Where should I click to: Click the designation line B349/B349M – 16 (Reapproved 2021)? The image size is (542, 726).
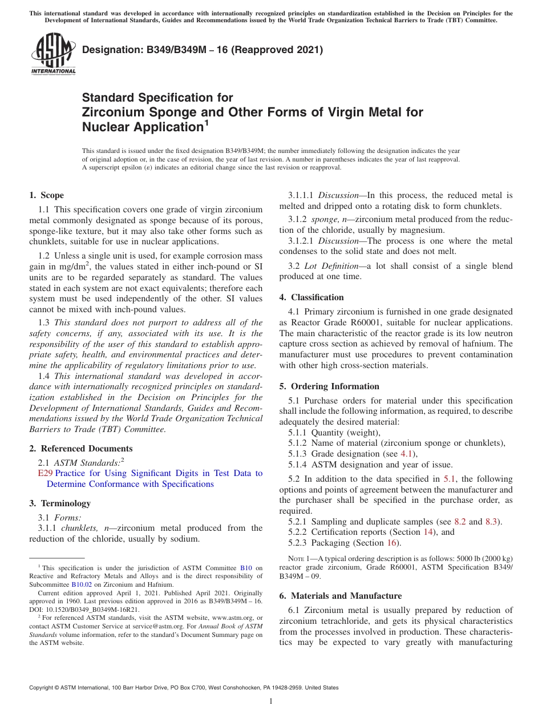(203, 50)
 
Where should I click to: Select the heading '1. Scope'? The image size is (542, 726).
(47, 195)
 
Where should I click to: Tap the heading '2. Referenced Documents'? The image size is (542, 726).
(81, 449)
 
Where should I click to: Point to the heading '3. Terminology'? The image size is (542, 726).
(60, 503)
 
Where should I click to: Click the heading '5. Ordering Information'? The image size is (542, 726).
(329, 386)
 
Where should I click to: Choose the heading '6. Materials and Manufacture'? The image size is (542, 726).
(340, 596)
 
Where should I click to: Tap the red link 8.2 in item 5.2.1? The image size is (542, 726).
(460, 522)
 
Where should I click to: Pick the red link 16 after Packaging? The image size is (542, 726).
(393, 543)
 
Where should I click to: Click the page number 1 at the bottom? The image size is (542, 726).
(271, 701)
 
